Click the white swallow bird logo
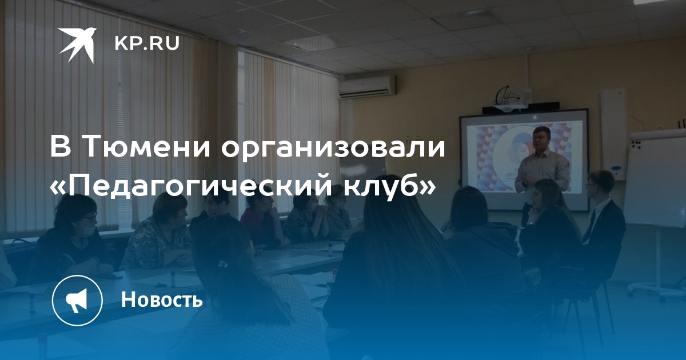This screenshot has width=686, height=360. (x=78, y=45)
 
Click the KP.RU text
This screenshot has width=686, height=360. (x=147, y=44)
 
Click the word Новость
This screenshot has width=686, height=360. (x=162, y=299)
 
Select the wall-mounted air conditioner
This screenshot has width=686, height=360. (x=367, y=87)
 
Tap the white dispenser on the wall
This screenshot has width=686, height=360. (x=612, y=135)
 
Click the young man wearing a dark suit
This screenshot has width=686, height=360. (x=602, y=221)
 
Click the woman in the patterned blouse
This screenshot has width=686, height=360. (x=159, y=233)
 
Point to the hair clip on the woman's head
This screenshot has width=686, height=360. (x=224, y=262)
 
